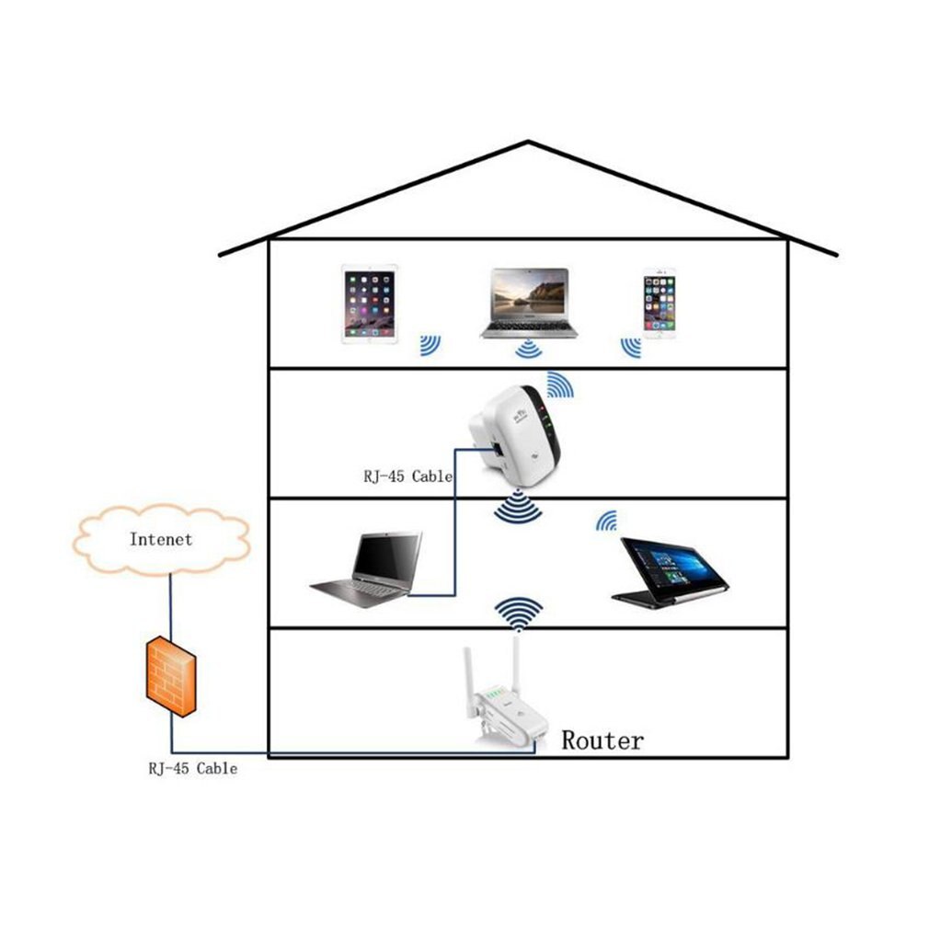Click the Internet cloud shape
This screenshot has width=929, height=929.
click(x=161, y=540)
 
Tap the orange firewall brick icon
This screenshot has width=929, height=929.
click(x=171, y=676)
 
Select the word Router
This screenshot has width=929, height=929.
click(x=602, y=740)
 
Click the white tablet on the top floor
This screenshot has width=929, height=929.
click(x=370, y=304)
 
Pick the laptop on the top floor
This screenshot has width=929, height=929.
click(x=529, y=303)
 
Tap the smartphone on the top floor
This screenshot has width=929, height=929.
click(x=659, y=304)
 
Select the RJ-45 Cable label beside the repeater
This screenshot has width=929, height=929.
click(x=407, y=476)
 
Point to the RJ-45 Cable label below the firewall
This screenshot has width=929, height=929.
click(x=192, y=768)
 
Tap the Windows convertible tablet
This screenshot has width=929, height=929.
click(x=671, y=572)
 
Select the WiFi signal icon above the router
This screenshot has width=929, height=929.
click(x=519, y=612)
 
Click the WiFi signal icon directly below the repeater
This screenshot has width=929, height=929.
click(x=519, y=508)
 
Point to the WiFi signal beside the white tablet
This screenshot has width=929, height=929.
click(x=430, y=345)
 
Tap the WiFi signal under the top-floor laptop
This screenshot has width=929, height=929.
click(x=527, y=349)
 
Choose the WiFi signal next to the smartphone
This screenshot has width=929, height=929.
click(x=631, y=347)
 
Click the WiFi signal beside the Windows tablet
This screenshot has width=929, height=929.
click(x=606, y=522)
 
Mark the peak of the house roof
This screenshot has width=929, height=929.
click(x=528, y=142)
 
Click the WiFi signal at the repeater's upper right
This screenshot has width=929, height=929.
click(x=559, y=384)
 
